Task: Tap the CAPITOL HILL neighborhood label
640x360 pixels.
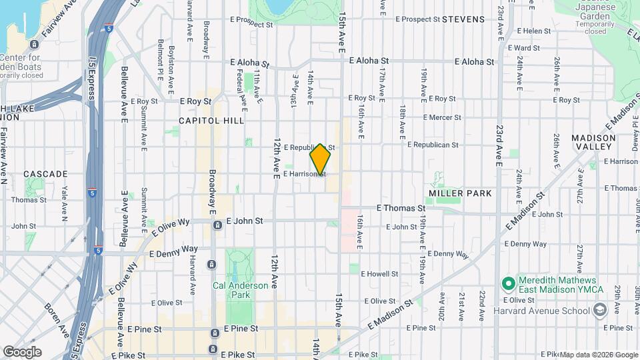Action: point(211,121)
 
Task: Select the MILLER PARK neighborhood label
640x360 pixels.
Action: point(460,193)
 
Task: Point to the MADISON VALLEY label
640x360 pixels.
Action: point(593,141)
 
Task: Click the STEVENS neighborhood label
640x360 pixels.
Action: point(463,19)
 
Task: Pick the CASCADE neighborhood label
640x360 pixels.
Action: point(45,174)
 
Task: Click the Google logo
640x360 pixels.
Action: point(21,352)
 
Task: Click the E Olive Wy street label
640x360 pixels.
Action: point(171,226)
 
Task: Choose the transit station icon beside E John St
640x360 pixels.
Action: point(217,225)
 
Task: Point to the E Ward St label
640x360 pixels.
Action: point(523,48)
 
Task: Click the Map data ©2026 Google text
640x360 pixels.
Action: point(599,355)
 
